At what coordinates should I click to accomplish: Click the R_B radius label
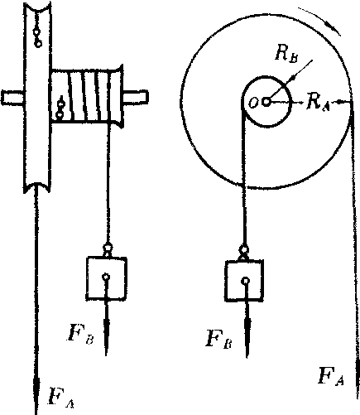[x=286, y=54]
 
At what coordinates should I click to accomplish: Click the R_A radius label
[x=318, y=102]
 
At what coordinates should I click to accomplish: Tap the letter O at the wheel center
[x=253, y=104]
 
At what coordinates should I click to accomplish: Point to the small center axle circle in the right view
[x=266, y=102]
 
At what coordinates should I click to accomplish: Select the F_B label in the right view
[x=219, y=338]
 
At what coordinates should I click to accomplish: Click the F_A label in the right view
[x=331, y=375]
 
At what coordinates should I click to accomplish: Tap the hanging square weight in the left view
[x=107, y=278]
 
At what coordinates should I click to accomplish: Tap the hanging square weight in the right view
[x=244, y=281]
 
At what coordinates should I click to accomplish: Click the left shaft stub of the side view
[x=12, y=98]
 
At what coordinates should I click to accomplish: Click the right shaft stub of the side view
[x=136, y=97]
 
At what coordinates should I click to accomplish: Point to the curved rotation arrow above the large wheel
[x=321, y=21]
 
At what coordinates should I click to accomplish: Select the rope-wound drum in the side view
[x=87, y=96]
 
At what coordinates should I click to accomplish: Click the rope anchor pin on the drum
[x=60, y=109]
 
